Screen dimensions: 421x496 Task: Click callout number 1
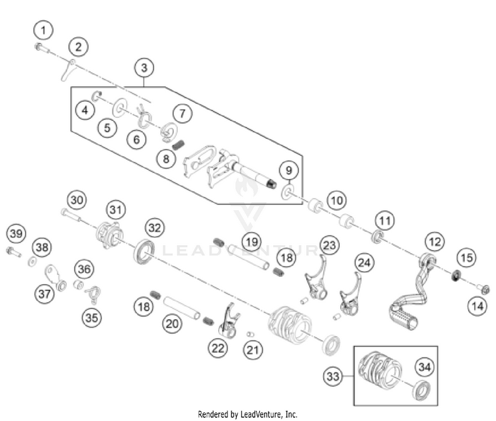(44, 30)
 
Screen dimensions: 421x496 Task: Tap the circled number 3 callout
(145, 67)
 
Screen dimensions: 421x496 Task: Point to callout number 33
(333, 376)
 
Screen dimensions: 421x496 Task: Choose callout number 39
(17, 233)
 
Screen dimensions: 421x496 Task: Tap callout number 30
(77, 199)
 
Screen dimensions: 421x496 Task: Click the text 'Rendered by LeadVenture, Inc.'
(248, 414)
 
